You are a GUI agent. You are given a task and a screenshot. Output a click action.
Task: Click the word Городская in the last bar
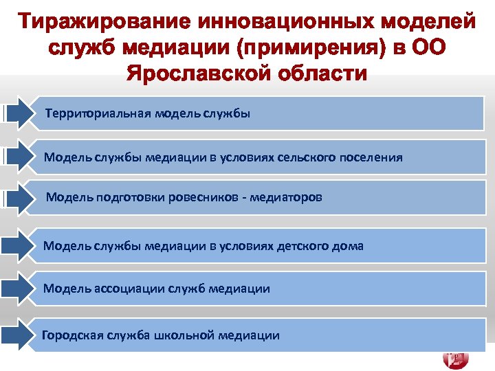(71, 335)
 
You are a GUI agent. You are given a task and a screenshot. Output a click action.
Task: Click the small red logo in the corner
(456, 359)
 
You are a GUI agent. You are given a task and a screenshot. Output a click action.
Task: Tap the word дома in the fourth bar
(350, 245)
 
